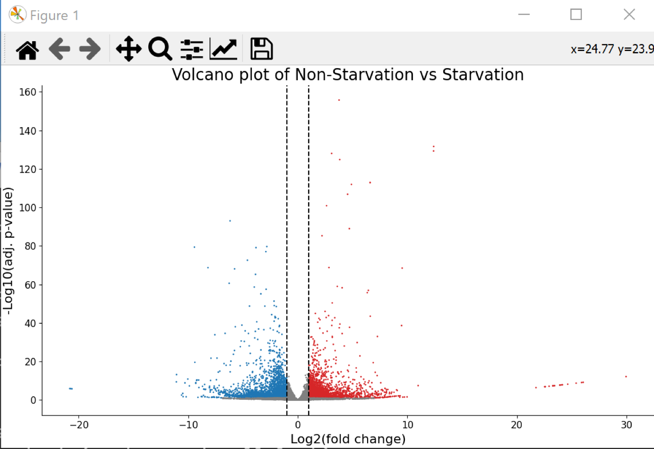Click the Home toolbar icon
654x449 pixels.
coord(27,49)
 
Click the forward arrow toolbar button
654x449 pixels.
coord(90,49)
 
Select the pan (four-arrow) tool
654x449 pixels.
coord(129,49)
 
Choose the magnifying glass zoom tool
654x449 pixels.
coord(160,49)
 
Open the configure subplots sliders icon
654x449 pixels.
coord(191,49)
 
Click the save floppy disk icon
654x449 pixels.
coord(261,49)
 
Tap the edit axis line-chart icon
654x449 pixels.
coord(224,49)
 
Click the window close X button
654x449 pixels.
coord(629,15)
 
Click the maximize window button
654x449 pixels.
coord(576,15)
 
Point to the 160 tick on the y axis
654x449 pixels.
coord(27,92)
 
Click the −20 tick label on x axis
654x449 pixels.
coord(79,425)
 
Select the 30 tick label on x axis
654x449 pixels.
coord(627,425)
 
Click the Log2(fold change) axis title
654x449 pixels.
coord(348,439)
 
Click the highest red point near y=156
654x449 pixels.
coord(339,100)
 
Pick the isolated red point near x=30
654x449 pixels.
coord(626,377)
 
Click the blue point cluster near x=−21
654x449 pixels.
coord(70,389)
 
